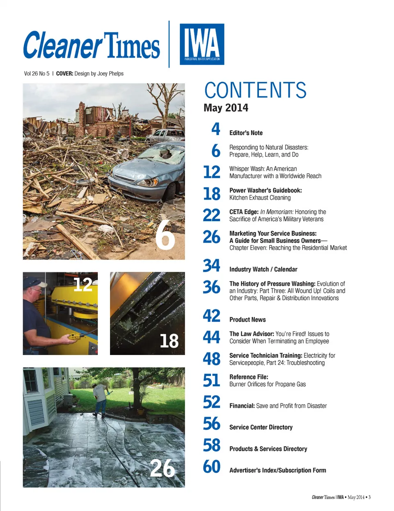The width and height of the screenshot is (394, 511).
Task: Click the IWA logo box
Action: tap(202, 44)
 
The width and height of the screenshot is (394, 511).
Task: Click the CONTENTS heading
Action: tap(255, 90)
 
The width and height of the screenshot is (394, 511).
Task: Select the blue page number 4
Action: tap(215, 129)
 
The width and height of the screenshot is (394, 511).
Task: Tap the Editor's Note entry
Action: tap(246, 133)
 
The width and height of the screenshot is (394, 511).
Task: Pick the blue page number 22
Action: tap(212, 215)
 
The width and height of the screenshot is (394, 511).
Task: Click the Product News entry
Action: tap(247, 320)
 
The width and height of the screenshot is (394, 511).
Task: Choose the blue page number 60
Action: tap(212, 467)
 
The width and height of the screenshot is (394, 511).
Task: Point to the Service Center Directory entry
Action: tap(261, 427)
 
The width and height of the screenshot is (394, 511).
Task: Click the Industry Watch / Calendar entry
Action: tap(263, 269)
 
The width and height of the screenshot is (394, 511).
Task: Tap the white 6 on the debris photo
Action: tap(165, 235)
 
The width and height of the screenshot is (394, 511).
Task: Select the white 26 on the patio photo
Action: tap(163, 468)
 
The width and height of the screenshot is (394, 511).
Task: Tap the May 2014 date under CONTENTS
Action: tap(226, 108)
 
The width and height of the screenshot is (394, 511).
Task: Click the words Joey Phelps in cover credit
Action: tap(110, 74)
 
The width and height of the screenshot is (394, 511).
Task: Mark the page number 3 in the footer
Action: tap(369, 497)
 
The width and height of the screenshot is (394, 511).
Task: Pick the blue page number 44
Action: tap(212, 337)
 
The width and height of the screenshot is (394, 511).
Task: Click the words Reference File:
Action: tap(249, 377)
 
